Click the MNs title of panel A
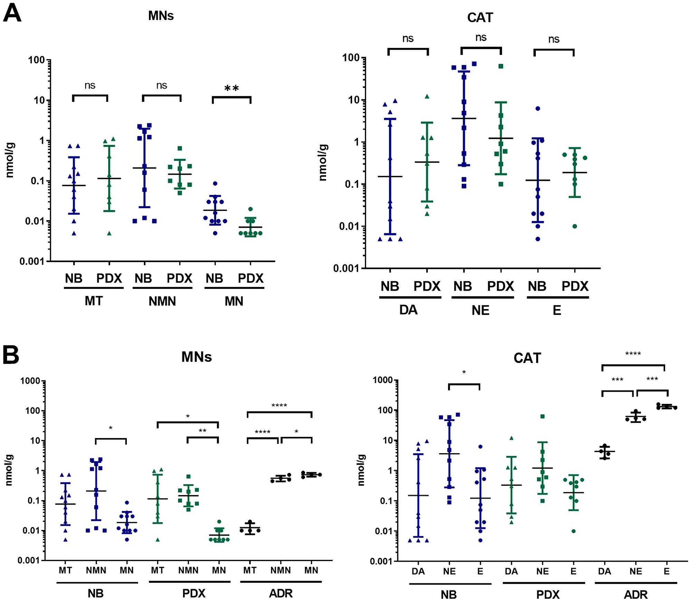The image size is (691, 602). [161, 16]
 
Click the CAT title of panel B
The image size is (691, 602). [527, 358]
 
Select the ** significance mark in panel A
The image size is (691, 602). [231, 89]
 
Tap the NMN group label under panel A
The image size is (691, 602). [162, 301]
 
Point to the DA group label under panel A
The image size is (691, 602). [408, 310]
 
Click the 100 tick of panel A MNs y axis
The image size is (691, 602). [37, 60]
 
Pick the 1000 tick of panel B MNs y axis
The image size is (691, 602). [30, 381]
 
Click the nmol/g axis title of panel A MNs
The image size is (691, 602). [10, 160]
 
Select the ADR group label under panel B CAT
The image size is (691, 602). [635, 594]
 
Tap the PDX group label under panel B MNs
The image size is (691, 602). [194, 593]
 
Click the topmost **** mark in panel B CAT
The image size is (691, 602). [633, 353]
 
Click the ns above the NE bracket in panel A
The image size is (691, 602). [481, 37]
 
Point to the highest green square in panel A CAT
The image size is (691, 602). [501, 66]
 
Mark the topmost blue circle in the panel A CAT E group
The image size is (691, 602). [538, 108]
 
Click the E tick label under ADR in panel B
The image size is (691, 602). [666, 571]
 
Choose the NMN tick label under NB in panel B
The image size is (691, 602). [96, 570]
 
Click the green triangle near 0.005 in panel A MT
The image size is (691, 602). [109, 234]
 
